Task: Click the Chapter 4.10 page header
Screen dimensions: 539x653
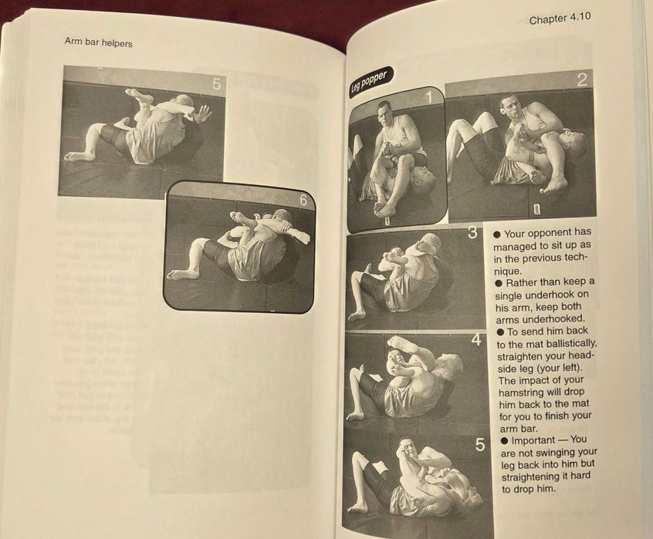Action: [x=560, y=20]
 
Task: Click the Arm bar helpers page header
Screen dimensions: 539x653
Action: [x=99, y=43]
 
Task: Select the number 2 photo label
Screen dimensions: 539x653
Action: [x=581, y=79]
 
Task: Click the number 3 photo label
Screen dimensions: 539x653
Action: [x=472, y=233]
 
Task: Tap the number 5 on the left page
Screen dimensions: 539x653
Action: [x=216, y=85]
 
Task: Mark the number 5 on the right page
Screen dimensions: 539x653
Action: [x=479, y=445]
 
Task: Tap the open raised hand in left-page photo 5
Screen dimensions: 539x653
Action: [x=202, y=113]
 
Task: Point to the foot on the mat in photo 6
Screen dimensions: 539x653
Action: [x=182, y=274]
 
